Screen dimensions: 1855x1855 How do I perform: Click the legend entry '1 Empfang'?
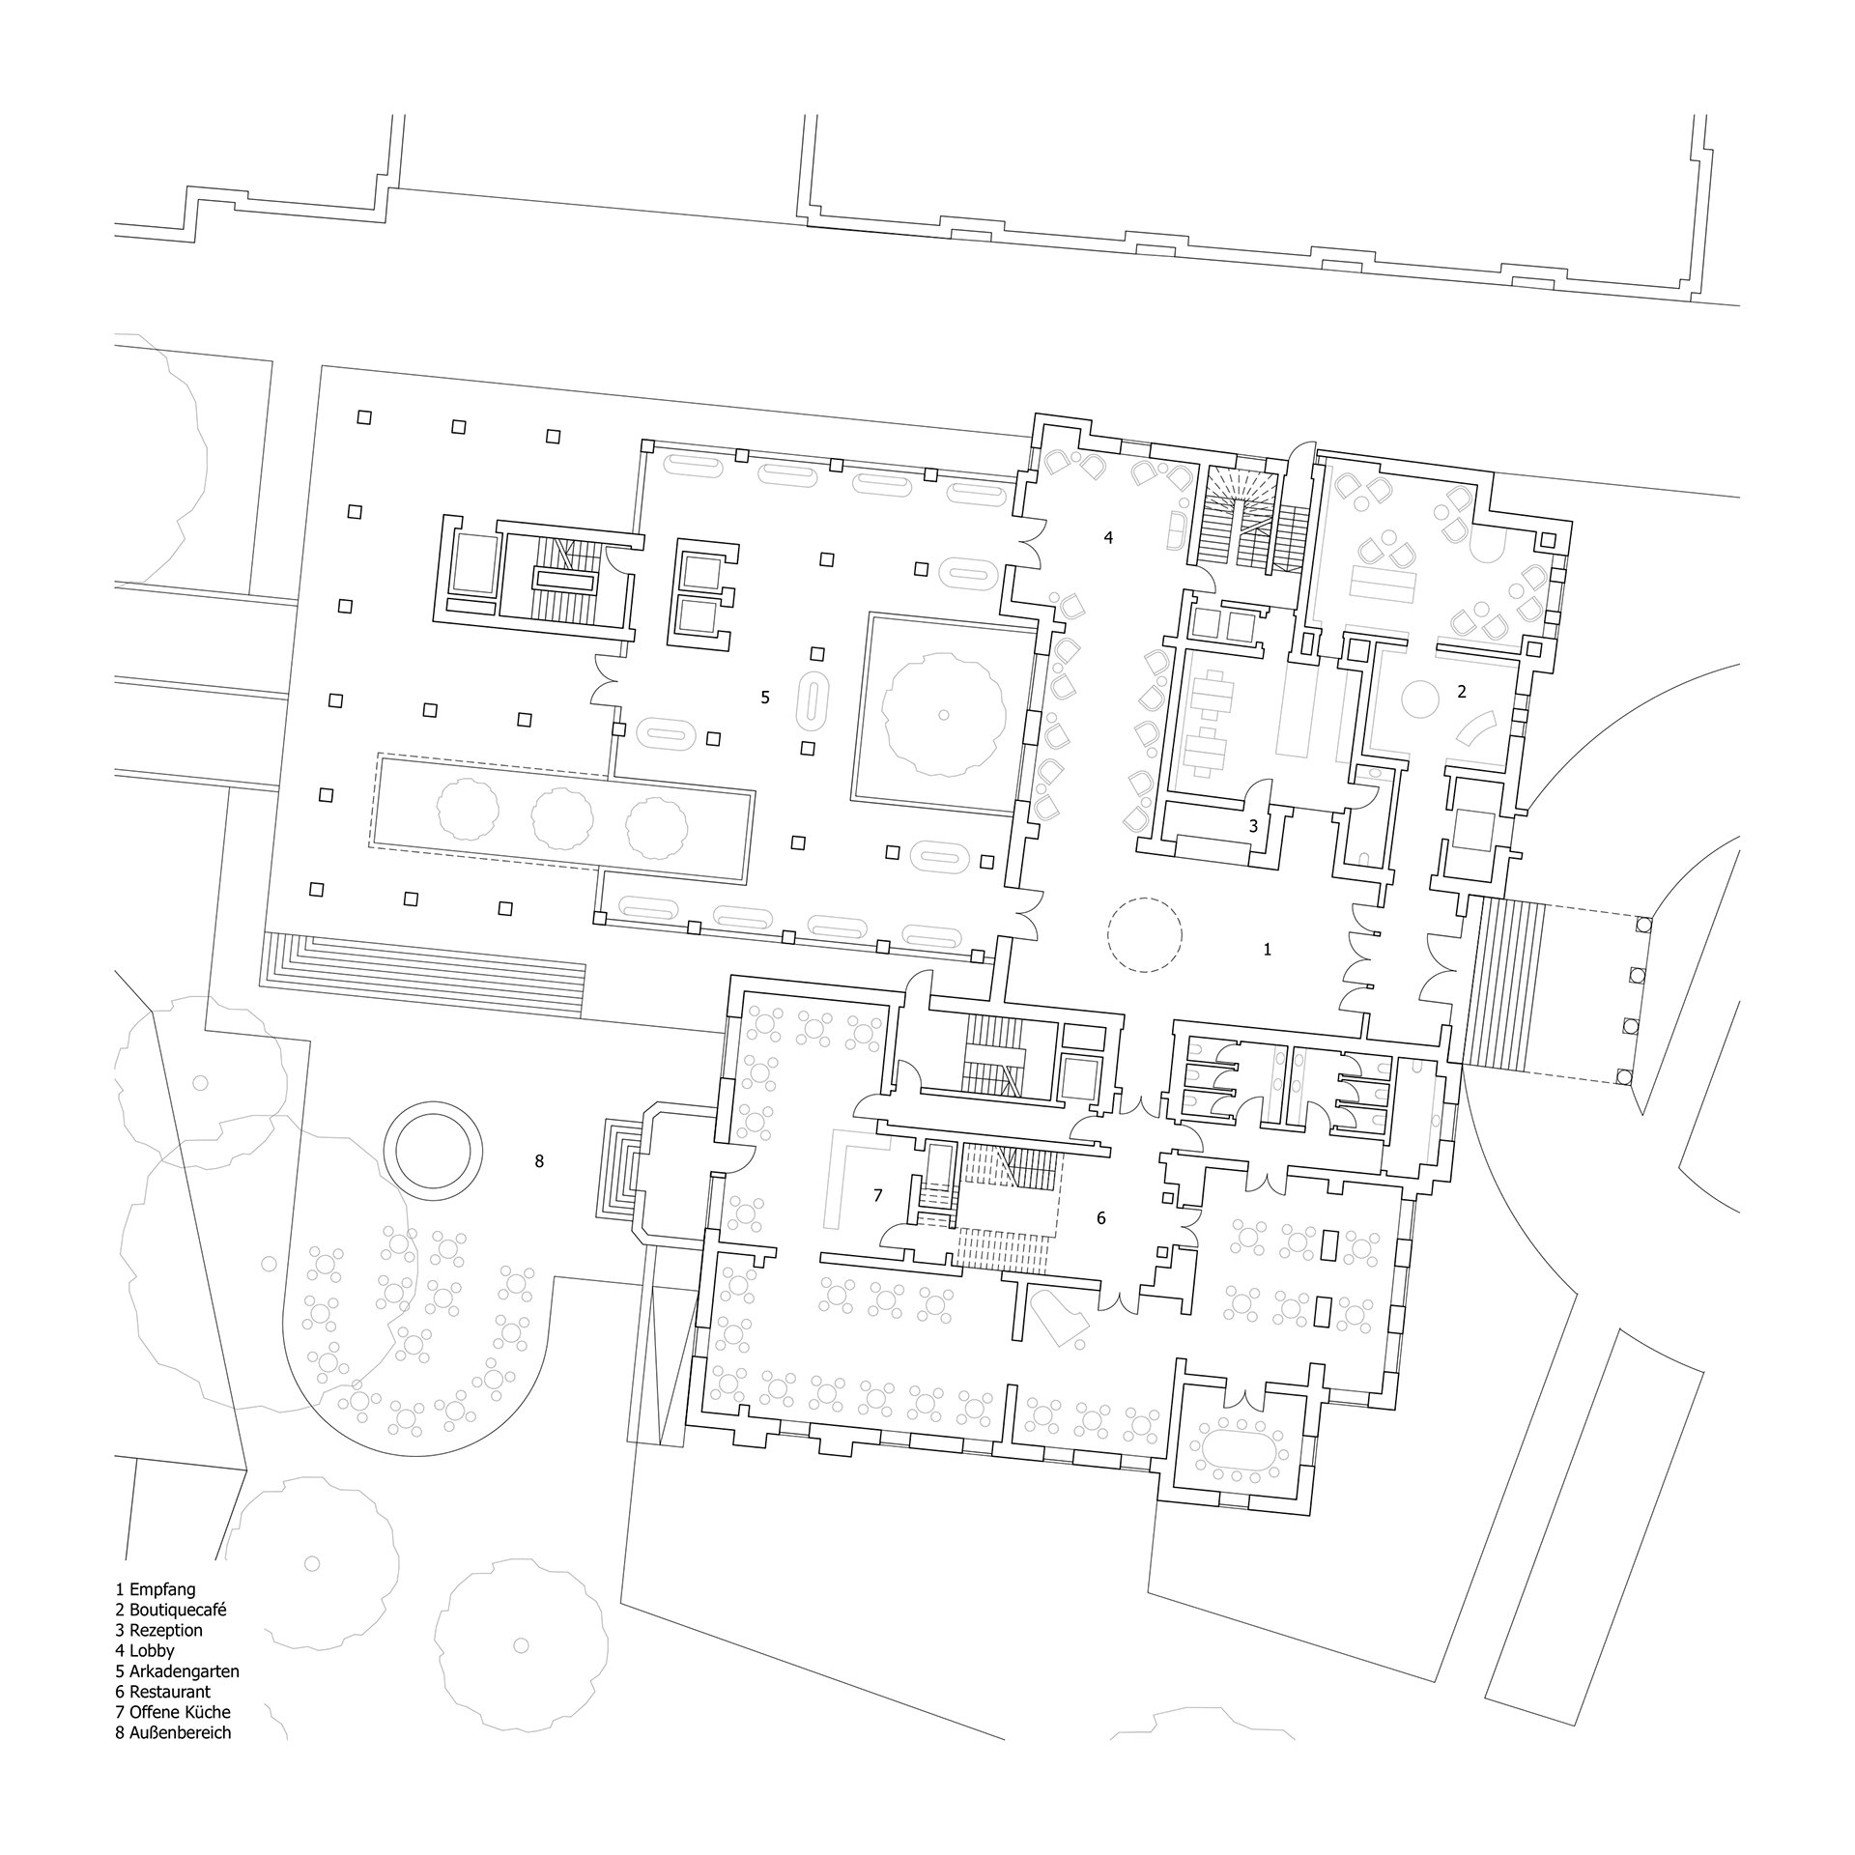[x=156, y=1588]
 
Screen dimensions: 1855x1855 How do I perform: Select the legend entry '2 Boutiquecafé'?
[x=171, y=1610]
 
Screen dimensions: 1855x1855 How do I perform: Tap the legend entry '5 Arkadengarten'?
[x=177, y=1670]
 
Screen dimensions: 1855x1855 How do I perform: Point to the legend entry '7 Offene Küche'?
[x=173, y=1712]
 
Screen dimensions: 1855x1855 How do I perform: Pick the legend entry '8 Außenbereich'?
[x=174, y=1732]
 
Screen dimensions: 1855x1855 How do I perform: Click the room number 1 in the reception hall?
[x=1268, y=950]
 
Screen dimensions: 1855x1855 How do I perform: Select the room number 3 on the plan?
[x=1254, y=826]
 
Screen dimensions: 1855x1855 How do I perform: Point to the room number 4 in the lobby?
[x=1108, y=537]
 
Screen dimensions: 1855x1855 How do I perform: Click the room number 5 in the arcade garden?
[x=765, y=697]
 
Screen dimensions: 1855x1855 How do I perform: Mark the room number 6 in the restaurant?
[x=1101, y=1218]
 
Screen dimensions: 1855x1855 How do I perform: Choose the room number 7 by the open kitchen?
[x=877, y=1196]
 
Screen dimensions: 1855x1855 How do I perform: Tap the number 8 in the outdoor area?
[x=539, y=1161]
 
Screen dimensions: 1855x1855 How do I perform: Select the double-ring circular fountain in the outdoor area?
[x=433, y=1104]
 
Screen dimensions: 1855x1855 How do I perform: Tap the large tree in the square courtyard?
[x=944, y=714]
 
